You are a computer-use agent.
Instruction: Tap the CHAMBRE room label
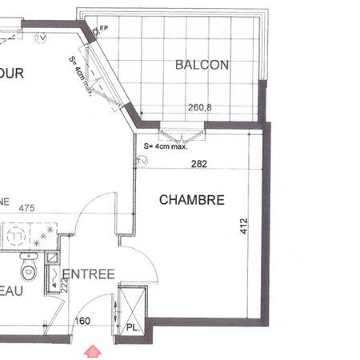[x=191, y=200]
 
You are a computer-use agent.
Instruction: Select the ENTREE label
[x=89, y=274]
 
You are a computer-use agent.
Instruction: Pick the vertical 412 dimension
[x=244, y=228]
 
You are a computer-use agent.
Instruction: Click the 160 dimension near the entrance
[x=83, y=322]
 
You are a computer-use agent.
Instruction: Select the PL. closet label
[x=132, y=328]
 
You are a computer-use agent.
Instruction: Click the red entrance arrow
[x=93, y=350]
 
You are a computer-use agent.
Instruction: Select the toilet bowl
[x=30, y=266]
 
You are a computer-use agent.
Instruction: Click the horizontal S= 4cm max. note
[x=165, y=146]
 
